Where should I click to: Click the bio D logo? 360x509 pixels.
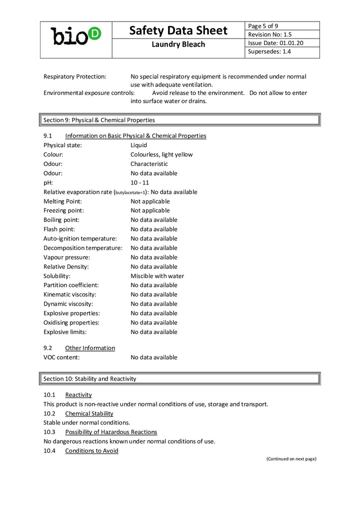[76, 36]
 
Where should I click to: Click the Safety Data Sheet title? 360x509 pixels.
[178, 30]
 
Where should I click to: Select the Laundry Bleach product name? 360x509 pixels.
[178, 44]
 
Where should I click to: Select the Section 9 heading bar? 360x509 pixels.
[180, 120]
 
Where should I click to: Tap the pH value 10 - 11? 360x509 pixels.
[139, 182]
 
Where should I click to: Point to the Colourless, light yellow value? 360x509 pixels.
[161, 154]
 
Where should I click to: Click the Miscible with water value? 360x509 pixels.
[157, 276]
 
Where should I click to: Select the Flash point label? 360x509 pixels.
[59, 229]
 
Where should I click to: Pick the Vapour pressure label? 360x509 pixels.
[66, 257]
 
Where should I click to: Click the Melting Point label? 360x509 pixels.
[62, 201]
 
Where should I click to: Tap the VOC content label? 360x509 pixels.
[61, 357]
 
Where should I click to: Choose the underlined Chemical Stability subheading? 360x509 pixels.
[89, 413]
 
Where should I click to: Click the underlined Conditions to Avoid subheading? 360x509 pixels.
[91, 450]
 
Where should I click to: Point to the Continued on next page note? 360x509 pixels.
[291, 458]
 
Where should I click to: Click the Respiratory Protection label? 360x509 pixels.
[74, 76]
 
